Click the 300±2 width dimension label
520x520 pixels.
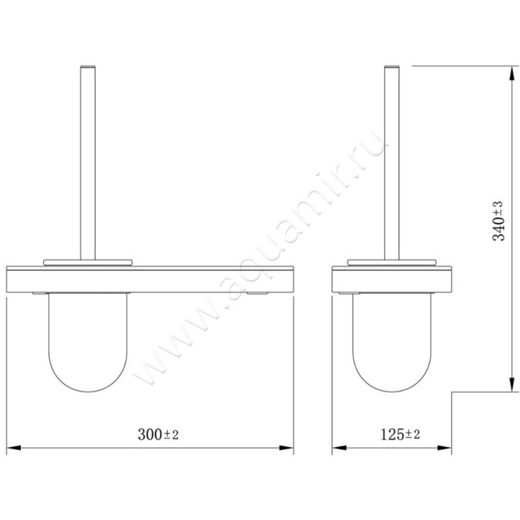coord(158,434)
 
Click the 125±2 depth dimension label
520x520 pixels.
coord(400,434)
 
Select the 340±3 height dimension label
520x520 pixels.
coord(498,221)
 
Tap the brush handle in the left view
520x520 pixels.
coord(88,162)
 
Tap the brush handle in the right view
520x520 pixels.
coord(392,162)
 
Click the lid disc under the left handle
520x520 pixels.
coord(88,263)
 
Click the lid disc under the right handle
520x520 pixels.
coord(392,263)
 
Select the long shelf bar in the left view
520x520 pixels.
coord(150,279)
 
